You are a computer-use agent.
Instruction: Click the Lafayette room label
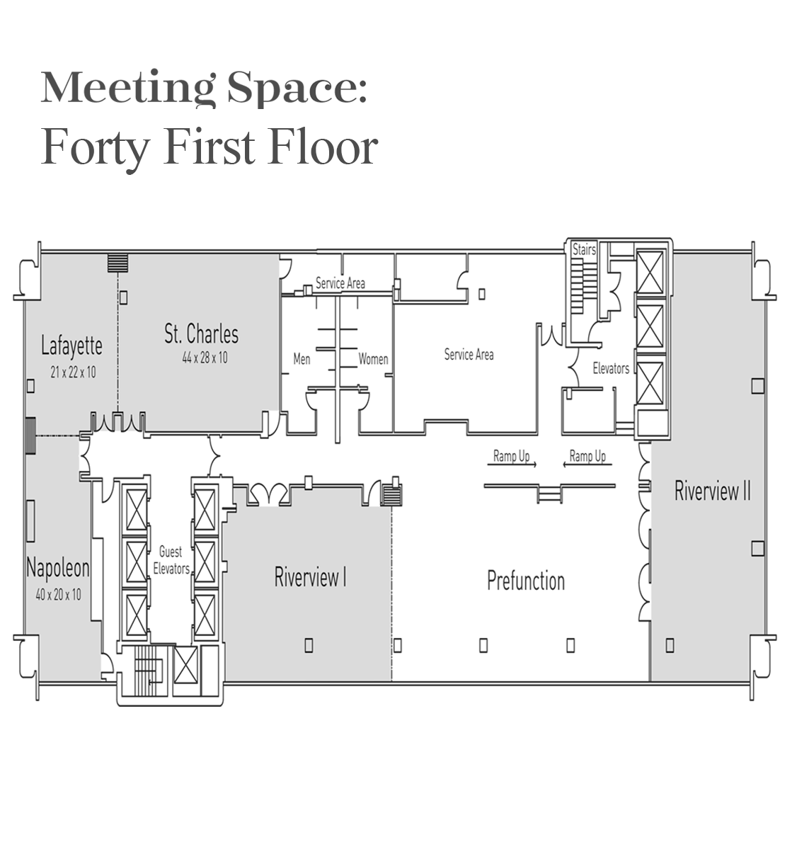coord(71,346)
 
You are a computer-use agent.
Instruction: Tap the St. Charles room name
coord(202,334)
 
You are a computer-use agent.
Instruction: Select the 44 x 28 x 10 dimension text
coord(205,358)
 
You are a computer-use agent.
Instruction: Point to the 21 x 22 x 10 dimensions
coord(73,372)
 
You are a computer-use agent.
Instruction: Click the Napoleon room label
coord(58,569)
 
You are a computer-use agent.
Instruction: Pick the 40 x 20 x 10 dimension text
coord(59,595)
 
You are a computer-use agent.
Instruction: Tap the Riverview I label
coord(310,577)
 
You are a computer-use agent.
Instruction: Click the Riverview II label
coord(713,491)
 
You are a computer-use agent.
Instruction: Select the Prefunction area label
coord(526,581)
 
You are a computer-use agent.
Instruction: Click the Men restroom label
coord(302,359)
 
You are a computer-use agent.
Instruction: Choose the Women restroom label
coord(373,359)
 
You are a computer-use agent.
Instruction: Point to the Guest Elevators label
coord(171,560)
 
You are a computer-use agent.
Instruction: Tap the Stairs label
coord(584,249)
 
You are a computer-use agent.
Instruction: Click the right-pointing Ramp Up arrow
coord(512,465)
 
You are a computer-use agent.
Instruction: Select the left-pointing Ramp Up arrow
coord(587,465)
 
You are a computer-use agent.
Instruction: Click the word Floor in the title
coord(323,148)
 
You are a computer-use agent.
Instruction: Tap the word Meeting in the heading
coord(127,88)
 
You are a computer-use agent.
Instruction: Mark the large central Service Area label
coord(469,355)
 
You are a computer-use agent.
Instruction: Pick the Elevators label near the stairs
coord(611,368)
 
